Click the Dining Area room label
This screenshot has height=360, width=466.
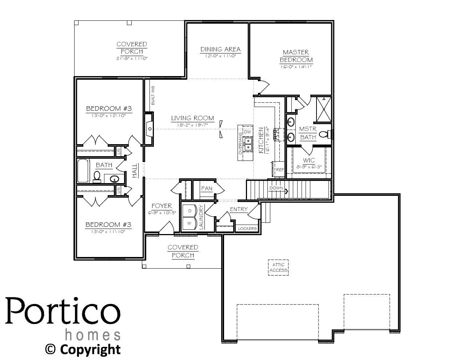point(220,49)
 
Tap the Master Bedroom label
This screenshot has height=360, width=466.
point(296,56)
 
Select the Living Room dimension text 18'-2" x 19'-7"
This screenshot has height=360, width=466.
point(192,125)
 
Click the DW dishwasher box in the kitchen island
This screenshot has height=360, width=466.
point(247,131)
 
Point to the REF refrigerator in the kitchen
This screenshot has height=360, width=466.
point(280,170)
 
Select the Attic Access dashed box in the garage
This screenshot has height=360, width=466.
point(278,268)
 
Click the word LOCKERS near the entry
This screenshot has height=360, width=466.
point(247,229)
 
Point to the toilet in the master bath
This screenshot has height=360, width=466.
point(325,135)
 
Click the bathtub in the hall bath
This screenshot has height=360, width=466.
point(83,170)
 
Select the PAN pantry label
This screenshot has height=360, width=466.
point(206,189)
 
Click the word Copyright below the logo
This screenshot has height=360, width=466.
point(90,349)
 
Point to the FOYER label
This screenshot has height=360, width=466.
point(162,206)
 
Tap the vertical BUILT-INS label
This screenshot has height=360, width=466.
point(153,95)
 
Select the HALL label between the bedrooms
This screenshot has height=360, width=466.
point(135,170)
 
